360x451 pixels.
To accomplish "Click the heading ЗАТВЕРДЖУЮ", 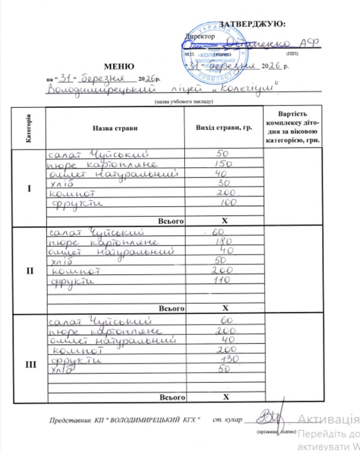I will [253, 24].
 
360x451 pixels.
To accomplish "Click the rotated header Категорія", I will [29, 128].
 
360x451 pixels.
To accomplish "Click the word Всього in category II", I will [172, 308].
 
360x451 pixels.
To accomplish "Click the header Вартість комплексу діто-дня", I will [292, 127].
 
